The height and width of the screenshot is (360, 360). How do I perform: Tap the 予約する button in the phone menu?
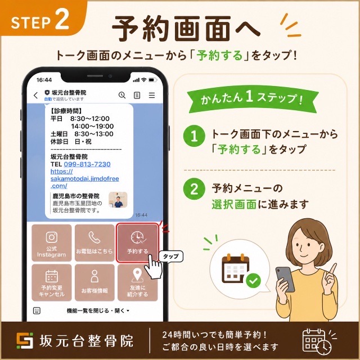point(137,242)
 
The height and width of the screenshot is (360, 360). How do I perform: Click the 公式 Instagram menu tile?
point(51,242)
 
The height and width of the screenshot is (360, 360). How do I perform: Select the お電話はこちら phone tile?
point(94,242)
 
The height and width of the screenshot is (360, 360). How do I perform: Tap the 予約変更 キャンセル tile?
point(51,282)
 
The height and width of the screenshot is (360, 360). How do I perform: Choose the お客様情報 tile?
point(94,282)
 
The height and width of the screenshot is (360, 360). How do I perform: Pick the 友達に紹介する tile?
point(137,282)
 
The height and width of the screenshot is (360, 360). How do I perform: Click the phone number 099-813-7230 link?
point(87,164)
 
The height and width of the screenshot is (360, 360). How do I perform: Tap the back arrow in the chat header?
point(35,95)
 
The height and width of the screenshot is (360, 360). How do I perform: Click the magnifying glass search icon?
point(122,95)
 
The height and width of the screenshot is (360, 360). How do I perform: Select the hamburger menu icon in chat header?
point(152,95)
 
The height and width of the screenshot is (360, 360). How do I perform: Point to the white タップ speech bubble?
point(171,256)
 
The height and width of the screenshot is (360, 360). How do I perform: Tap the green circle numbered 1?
point(194,136)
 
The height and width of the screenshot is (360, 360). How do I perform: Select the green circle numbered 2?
point(194,189)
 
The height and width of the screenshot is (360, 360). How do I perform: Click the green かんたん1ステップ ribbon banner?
point(252,99)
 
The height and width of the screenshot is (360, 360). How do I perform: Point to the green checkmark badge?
point(253,281)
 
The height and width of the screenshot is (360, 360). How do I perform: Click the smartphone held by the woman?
point(285,279)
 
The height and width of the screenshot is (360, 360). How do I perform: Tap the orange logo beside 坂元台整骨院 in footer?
point(25,340)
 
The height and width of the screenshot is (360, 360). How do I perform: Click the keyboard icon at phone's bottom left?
point(37,310)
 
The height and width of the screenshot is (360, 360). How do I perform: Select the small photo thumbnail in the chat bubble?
point(118,200)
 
